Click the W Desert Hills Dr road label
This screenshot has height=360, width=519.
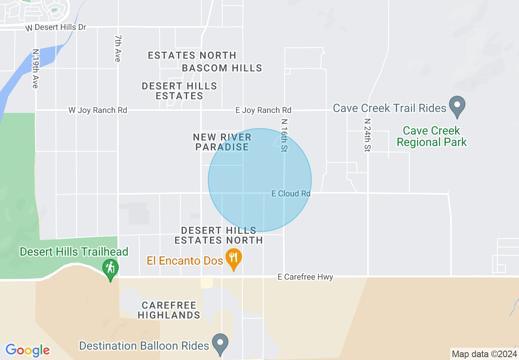pos(56,27)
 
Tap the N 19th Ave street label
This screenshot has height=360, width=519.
pos(35,69)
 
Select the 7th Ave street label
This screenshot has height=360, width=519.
pos(117,48)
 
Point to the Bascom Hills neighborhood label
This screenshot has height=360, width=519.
pos(222,68)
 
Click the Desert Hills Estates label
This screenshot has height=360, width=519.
pos(179,91)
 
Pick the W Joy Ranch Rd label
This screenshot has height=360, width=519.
pos(97,110)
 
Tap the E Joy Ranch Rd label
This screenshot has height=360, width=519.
pos(263,110)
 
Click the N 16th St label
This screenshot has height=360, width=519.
pos(284,135)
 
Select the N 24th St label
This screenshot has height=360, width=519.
pos(367,135)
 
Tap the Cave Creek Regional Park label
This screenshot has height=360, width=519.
pos(431,136)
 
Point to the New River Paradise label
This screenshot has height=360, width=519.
pos(222,142)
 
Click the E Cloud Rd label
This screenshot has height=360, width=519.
pos(291,193)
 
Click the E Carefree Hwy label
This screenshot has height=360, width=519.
pos(305,277)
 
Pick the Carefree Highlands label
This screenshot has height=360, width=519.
pos(169,310)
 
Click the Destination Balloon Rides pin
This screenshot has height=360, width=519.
pos(221,344)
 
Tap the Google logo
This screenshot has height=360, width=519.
pos(28,350)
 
